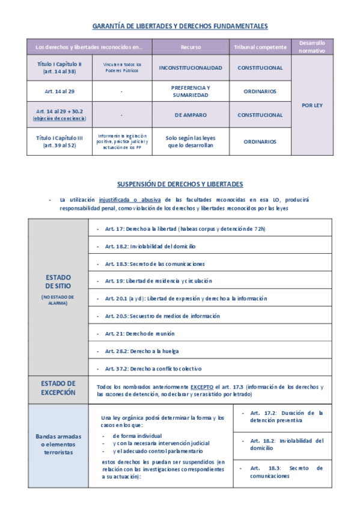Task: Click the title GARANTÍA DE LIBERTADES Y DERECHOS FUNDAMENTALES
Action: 180,26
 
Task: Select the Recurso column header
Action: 191,47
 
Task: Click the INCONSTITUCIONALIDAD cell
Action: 191,68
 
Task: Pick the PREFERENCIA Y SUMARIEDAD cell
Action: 191,91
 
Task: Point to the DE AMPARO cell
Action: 191,114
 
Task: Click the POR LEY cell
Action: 311,105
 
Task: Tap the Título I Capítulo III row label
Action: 59,141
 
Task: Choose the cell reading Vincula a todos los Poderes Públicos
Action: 121,68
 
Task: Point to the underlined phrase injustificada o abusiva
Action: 126,199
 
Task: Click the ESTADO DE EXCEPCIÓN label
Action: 58,388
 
